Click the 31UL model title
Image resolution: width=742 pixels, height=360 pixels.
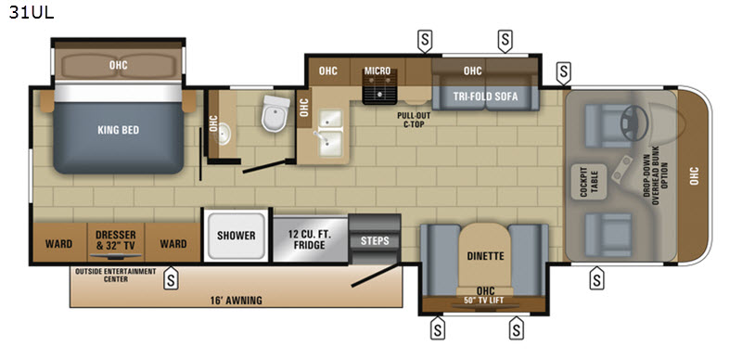(x=32, y=12)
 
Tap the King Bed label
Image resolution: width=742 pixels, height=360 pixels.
(x=119, y=130)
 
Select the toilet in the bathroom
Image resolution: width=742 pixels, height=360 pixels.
(x=275, y=113)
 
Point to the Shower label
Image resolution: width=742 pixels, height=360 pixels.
(x=237, y=236)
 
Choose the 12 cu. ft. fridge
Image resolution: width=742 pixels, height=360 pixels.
(x=311, y=239)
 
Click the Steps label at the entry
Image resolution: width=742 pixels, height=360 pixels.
(x=375, y=240)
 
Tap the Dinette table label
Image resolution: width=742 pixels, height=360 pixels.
(x=485, y=256)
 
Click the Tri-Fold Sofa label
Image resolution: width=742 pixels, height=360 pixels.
(x=485, y=96)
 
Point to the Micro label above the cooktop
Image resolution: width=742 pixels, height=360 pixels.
(x=377, y=71)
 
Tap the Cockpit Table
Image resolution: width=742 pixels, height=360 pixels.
(x=589, y=182)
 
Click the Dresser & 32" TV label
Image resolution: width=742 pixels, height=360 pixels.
(x=116, y=239)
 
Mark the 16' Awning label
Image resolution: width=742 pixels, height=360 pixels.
(x=237, y=301)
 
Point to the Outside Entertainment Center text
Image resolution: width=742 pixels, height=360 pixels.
(x=115, y=276)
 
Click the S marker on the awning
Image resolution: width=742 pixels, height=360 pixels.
(x=171, y=278)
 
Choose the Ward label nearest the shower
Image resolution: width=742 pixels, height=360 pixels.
(x=173, y=244)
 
